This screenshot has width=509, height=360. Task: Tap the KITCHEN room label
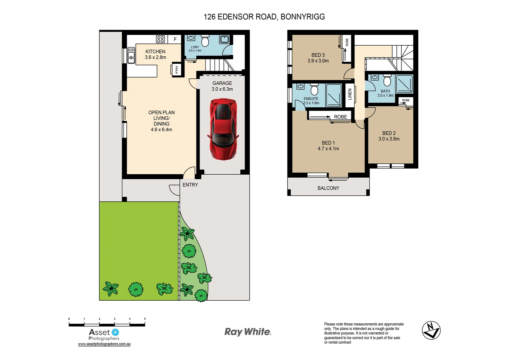155,52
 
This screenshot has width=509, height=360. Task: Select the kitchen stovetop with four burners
161,39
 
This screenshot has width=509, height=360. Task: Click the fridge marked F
175,39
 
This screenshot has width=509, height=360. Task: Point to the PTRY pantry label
177,70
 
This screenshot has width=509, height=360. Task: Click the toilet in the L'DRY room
205,41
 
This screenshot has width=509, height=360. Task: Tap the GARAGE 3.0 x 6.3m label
222,86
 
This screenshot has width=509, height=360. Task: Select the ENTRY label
190,185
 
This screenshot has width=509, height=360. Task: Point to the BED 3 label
318,55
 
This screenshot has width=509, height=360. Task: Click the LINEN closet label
350,94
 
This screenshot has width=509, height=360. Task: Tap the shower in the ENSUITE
333,95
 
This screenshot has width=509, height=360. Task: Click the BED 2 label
389,133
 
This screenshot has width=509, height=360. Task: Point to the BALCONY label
328,188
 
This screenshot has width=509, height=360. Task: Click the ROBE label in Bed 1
340,117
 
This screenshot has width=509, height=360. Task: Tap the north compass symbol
431,330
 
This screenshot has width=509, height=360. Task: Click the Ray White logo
248,332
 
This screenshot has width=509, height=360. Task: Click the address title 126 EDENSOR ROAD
264,17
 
